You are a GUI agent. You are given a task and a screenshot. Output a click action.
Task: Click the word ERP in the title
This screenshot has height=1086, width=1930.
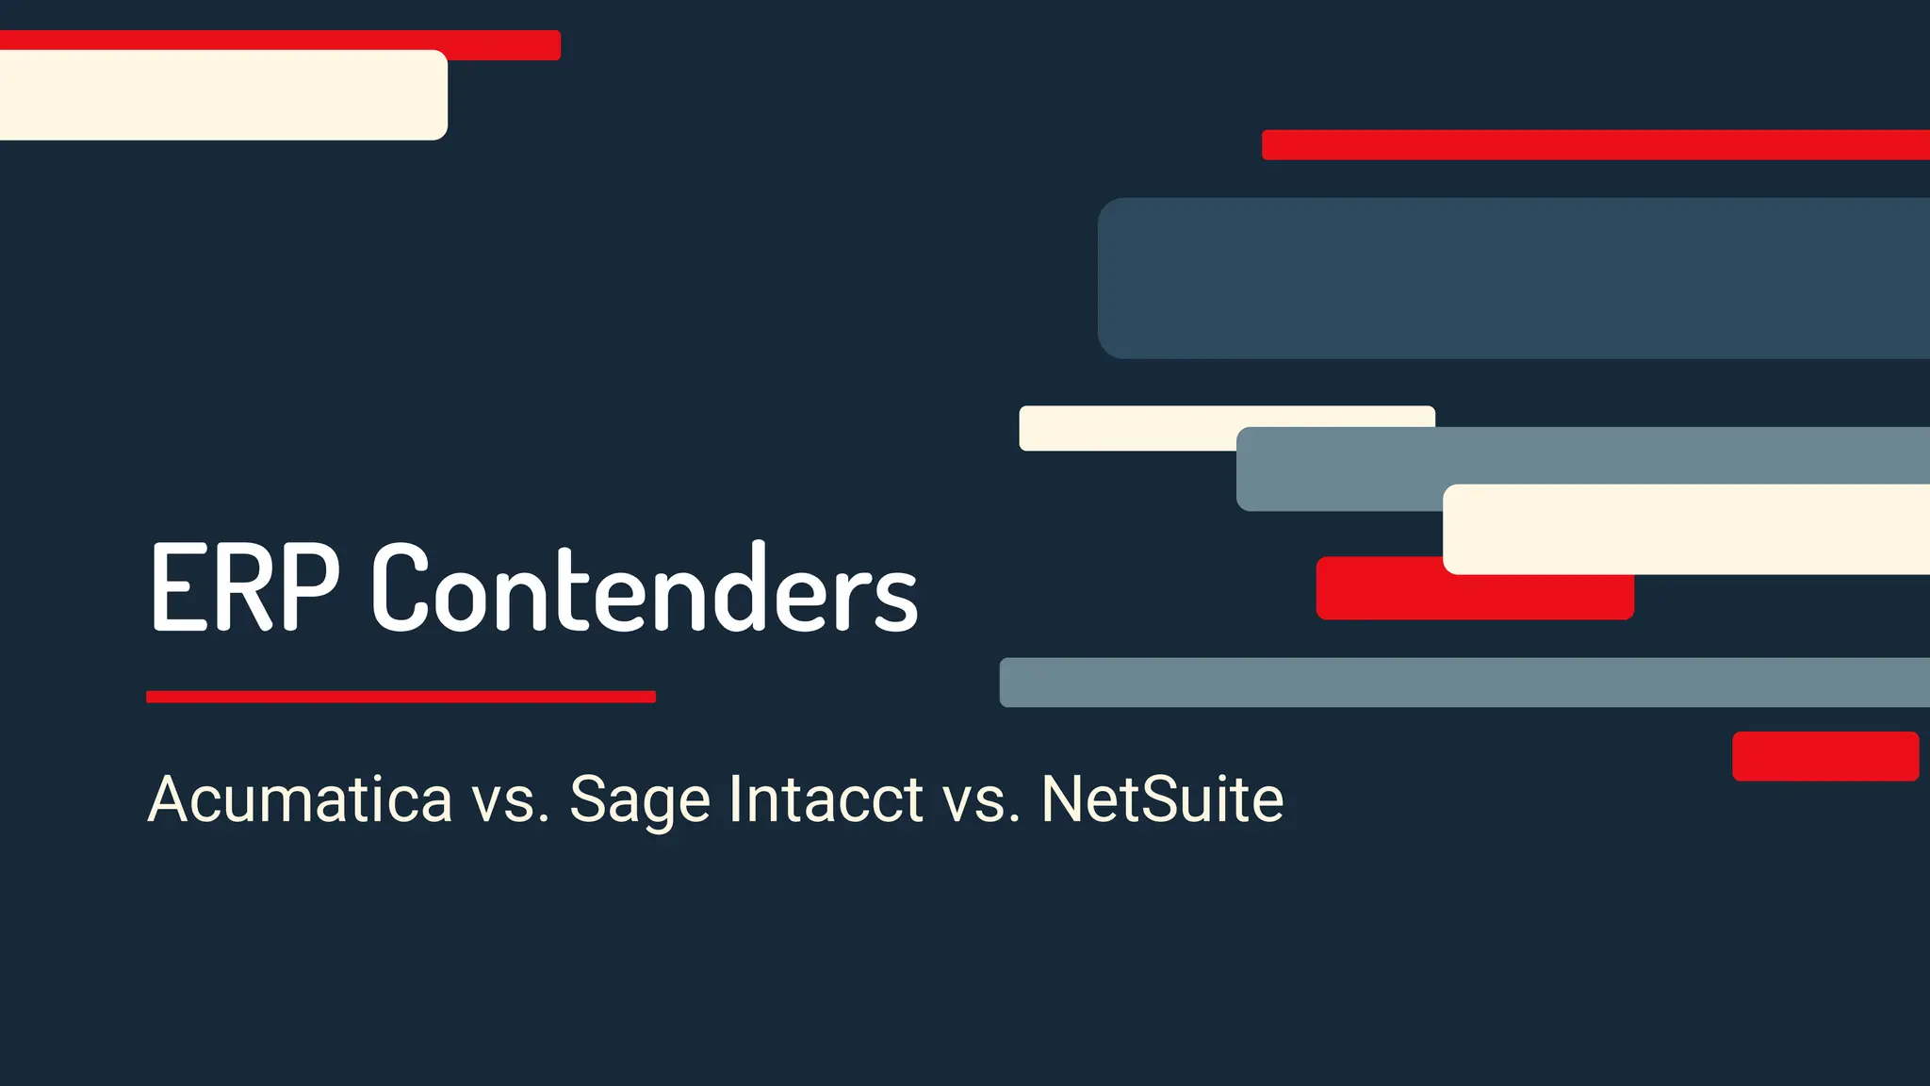tap(244, 587)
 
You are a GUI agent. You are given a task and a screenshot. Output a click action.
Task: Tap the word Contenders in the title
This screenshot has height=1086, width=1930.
tap(645, 587)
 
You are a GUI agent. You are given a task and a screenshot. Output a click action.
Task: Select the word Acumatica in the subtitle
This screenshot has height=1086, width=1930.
tap(300, 799)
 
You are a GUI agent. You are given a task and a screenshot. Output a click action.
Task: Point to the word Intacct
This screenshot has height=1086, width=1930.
tap(826, 799)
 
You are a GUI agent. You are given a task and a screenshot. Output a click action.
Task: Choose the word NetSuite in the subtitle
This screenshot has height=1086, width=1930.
tap(1162, 799)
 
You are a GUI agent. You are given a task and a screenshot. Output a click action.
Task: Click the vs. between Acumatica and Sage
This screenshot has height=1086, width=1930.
tap(510, 799)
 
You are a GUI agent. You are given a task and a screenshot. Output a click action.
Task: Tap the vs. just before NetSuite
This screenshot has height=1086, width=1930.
tap(982, 799)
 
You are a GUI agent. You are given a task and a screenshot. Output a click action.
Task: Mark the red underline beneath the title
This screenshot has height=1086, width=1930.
tap(401, 697)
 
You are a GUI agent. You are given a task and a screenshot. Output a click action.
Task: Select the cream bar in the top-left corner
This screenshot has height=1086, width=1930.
tap(222, 95)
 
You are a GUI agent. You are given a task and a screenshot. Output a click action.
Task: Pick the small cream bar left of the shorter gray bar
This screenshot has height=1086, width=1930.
tap(1126, 428)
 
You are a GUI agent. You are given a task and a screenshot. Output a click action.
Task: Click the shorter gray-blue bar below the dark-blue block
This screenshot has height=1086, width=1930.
tap(1338, 469)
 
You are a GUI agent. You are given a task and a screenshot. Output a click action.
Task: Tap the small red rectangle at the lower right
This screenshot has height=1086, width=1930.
tap(1825, 756)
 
